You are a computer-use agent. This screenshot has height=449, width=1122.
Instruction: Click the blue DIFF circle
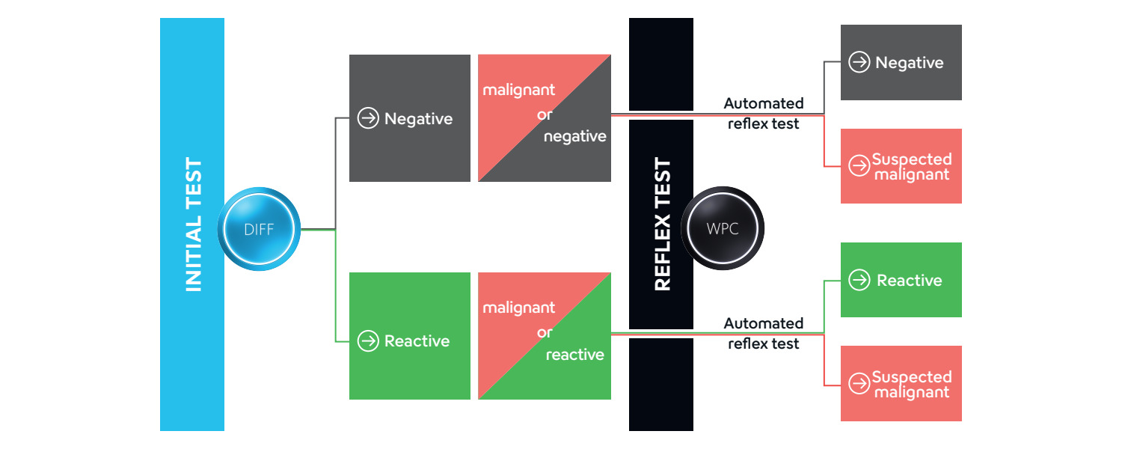(x=259, y=229)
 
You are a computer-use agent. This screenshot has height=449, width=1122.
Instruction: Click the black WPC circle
(x=723, y=228)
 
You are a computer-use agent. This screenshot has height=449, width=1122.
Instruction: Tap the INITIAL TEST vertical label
(x=193, y=224)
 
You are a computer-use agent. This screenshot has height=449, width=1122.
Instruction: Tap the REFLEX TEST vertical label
(x=662, y=224)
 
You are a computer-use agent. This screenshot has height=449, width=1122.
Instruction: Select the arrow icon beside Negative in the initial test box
(x=368, y=118)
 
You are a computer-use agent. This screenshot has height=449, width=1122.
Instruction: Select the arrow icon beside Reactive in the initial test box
(x=368, y=340)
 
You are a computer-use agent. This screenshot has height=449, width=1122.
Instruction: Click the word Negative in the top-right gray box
(x=909, y=63)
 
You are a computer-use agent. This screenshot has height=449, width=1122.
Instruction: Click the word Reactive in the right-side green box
(x=909, y=280)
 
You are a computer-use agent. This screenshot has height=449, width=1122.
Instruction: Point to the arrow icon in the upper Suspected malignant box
(x=859, y=165)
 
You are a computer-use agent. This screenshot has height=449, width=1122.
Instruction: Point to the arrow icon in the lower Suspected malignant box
(x=859, y=383)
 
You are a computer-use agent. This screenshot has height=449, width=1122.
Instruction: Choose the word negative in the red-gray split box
(x=575, y=136)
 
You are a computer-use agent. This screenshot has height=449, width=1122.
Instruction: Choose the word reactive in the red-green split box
(x=575, y=354)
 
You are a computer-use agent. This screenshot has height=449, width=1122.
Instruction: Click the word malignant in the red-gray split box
(x=518, y=91)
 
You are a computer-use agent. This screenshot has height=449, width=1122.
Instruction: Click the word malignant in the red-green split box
(x=518, y=308)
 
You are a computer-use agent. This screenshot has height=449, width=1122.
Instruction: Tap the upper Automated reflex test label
(x=764, y=113)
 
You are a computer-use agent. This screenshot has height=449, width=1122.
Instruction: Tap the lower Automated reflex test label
(x=764, y=333)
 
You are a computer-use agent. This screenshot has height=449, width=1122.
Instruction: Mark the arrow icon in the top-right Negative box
(x=859, y=62)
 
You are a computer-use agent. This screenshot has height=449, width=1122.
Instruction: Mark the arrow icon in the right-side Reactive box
(x=859, y=280)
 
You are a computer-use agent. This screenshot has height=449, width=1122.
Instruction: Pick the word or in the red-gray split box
(x=545, y=115)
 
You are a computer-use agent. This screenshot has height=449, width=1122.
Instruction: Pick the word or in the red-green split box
(x=545, y=333)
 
